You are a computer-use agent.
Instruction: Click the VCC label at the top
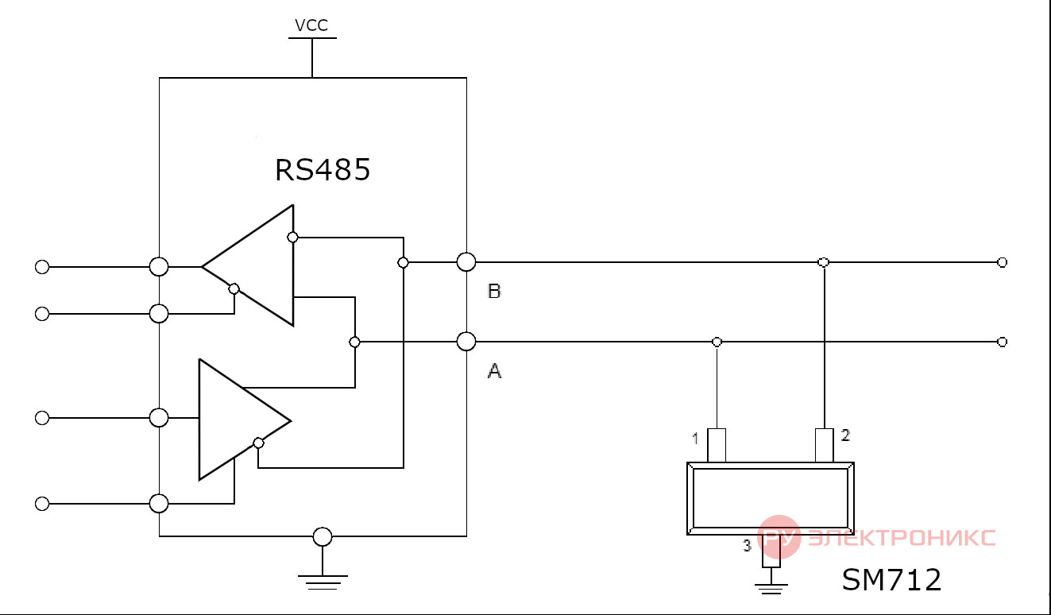[311, 25]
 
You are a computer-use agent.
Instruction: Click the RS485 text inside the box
[323, 169]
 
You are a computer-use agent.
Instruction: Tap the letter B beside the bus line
[495, 291]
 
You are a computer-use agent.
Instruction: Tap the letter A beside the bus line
[495, 371]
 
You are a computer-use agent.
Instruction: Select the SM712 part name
[891, 579]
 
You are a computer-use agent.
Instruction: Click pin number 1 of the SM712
[695, 439]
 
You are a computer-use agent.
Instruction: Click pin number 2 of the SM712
[845, 435]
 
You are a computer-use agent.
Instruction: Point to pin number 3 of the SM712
[747, 546]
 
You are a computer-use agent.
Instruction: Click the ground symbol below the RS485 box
[323, 582]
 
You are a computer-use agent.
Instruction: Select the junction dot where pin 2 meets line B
[824, 262]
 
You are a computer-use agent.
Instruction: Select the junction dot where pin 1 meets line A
[717, 342]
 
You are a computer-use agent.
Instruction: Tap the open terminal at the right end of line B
[1002, 262]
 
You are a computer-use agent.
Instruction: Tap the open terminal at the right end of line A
[1002, 342]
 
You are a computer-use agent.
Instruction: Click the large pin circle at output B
[466, 261]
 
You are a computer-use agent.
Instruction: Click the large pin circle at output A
[466, 342]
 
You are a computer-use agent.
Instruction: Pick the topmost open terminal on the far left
[42, 267]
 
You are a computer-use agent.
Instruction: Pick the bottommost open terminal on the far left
[42, 504]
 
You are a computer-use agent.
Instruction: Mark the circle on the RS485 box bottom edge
[323, 536]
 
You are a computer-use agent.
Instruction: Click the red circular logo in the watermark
[779, 537]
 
